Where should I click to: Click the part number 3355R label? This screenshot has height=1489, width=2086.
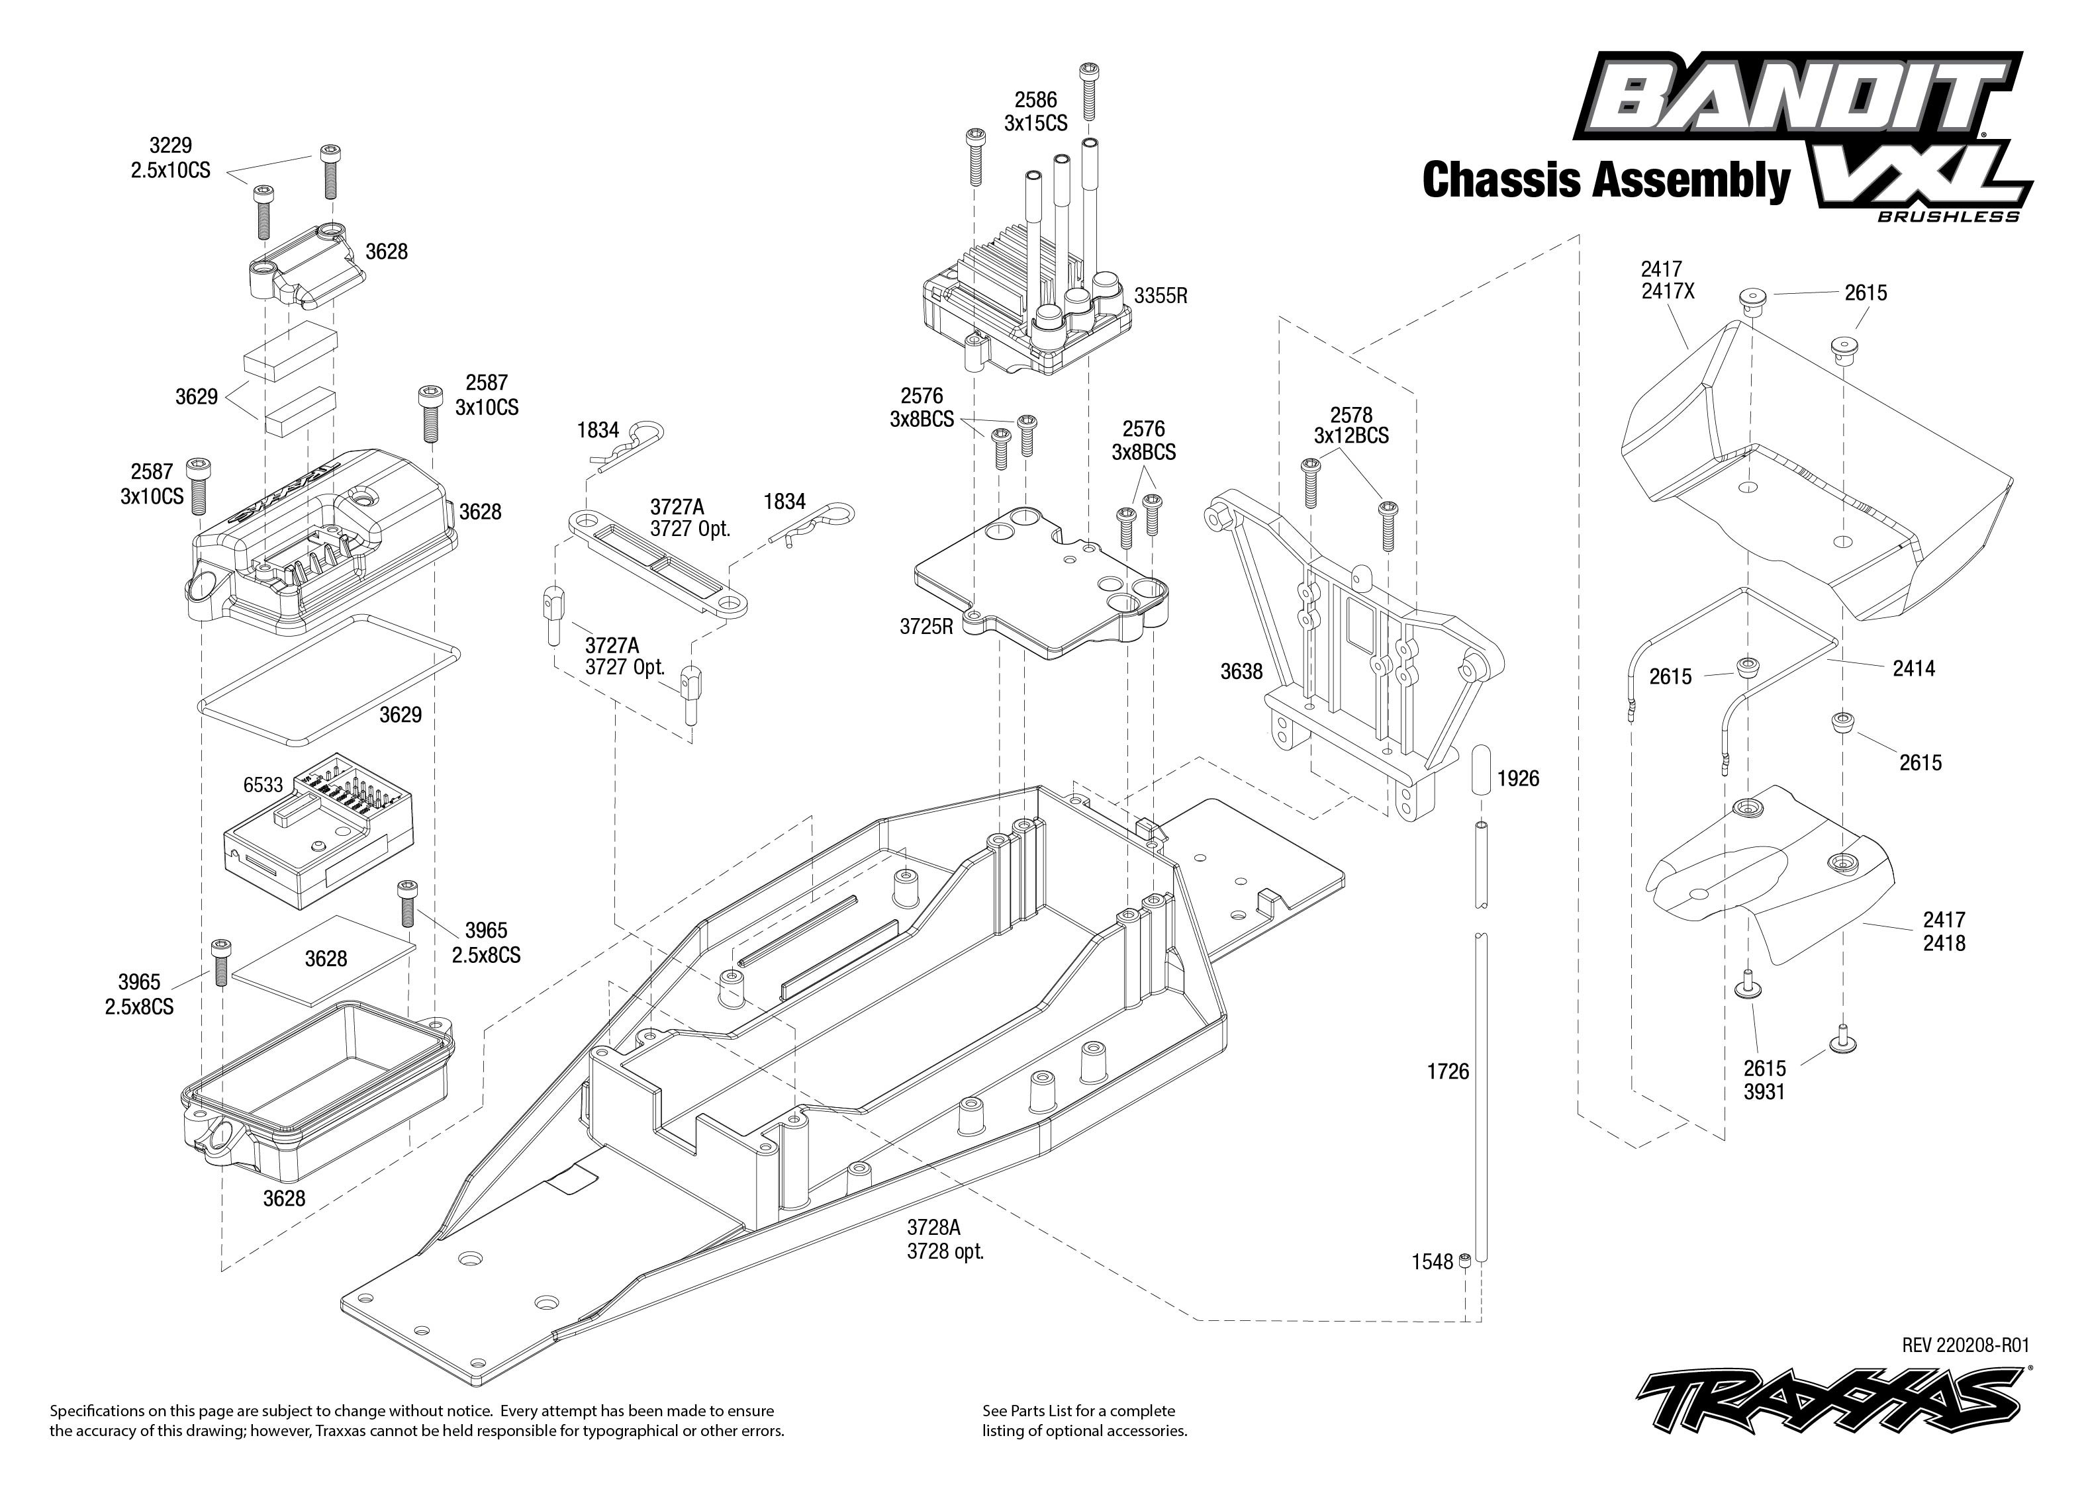(1160, 296)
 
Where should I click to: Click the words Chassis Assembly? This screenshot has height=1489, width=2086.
(1605, 180)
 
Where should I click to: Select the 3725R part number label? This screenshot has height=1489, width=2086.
(926, 626)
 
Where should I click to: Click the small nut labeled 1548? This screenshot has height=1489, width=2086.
(1465, 1263)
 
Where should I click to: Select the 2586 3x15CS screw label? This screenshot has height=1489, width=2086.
(1035, 112)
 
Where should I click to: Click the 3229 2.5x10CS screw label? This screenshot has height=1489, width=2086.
(171, 158)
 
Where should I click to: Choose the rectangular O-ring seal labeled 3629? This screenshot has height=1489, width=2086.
(328, 678)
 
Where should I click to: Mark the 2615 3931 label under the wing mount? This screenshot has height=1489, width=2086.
(1764, 1080)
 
